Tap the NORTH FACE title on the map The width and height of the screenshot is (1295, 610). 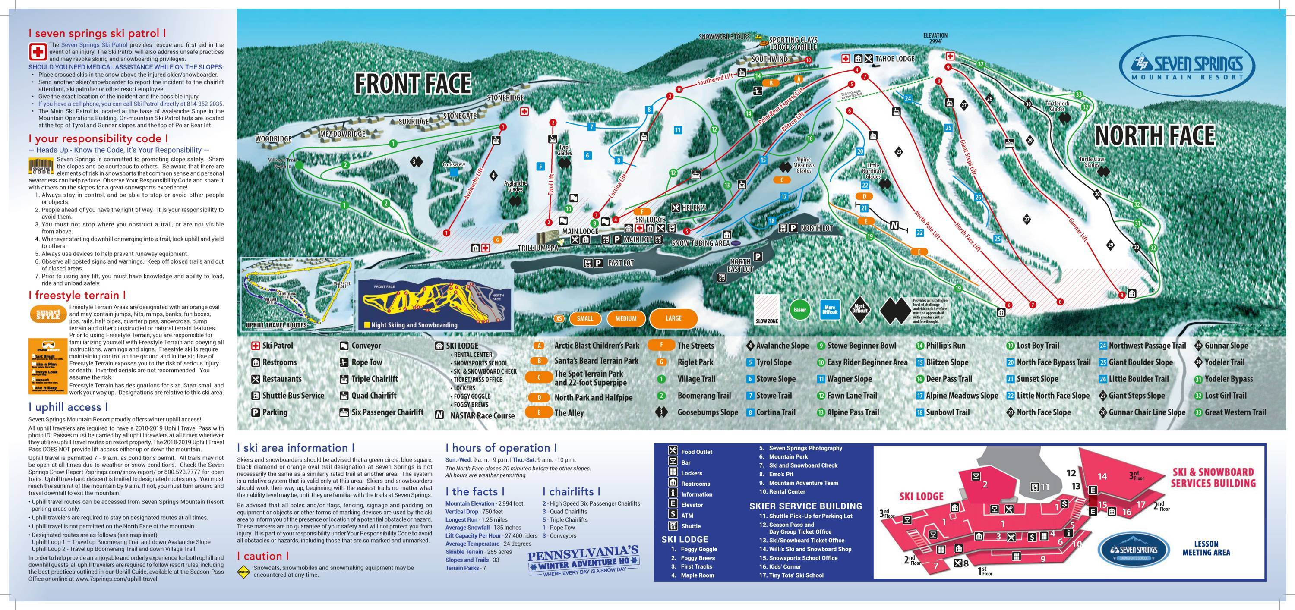1155,135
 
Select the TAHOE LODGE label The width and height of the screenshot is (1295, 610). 894,59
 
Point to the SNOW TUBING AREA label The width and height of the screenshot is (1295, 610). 700,243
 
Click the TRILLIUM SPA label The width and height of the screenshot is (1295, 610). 538,248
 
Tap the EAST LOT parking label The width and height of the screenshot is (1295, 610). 620,263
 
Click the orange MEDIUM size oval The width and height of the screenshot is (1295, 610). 625,318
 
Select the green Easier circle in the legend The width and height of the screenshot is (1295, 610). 800,309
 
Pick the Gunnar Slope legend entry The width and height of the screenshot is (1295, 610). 1226,346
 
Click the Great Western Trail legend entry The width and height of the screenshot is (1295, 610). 1235,412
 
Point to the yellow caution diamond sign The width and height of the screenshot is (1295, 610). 243,571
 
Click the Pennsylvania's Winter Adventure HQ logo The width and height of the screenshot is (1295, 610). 583,561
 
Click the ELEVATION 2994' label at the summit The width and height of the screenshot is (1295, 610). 935,38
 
